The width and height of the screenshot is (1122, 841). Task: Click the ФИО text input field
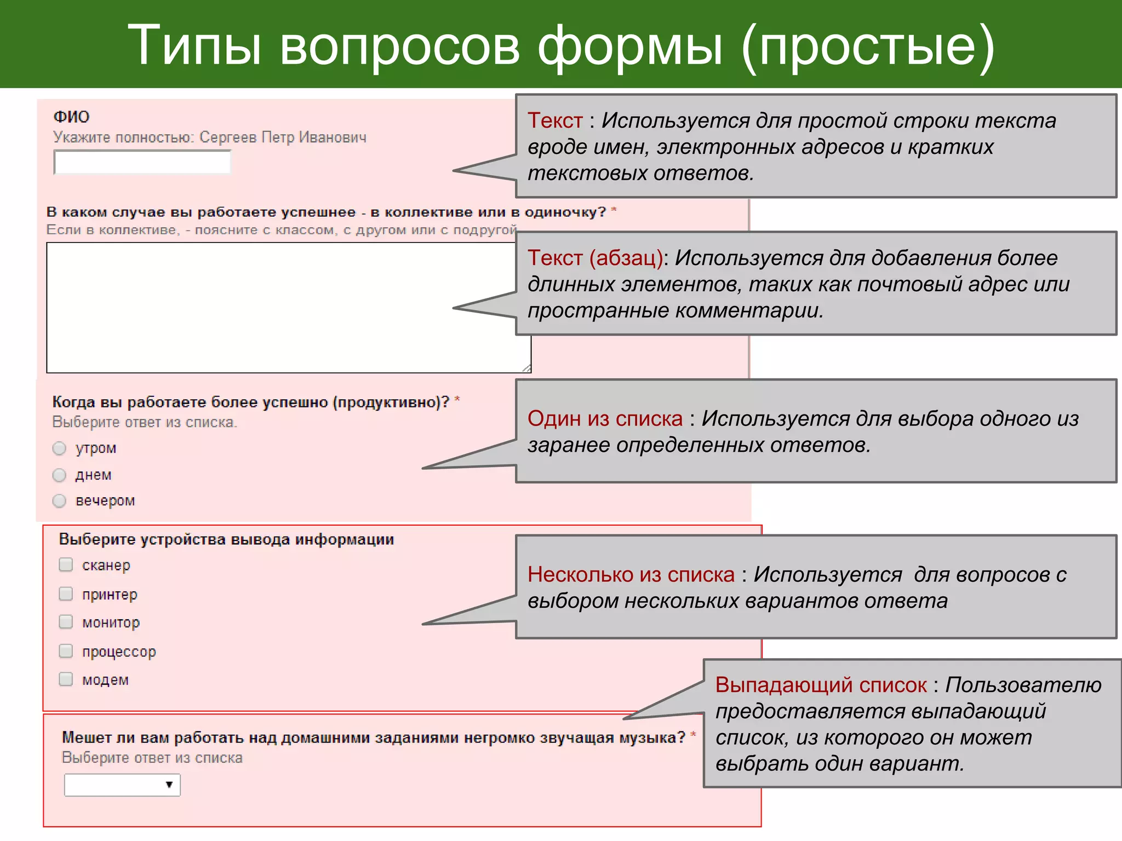[142, 163]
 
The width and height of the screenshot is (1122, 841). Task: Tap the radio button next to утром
[59, 448]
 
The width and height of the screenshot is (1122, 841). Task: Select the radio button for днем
[59, 475]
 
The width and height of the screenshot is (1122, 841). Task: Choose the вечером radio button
[59, 500]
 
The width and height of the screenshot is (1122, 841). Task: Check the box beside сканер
[66, 564]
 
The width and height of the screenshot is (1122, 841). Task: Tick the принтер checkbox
[66, 594]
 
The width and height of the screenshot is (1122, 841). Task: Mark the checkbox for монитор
[66, 621]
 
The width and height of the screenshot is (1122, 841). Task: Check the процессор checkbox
[66, 650]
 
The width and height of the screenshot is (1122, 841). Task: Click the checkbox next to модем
[66, 679]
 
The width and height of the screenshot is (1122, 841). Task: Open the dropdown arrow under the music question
[169, 785]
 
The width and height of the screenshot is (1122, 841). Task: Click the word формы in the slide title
[630, 46]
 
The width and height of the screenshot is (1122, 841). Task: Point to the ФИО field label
[71, 117]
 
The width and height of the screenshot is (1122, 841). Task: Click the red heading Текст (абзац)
[595, 258]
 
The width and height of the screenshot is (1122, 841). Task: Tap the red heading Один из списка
[605, 419]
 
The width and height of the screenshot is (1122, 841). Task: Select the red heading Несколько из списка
[631, 575]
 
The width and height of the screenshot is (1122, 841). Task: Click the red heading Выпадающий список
[821, 686]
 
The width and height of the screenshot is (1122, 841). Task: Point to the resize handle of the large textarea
[526, 368]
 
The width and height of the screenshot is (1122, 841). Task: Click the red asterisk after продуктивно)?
[457, 400]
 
